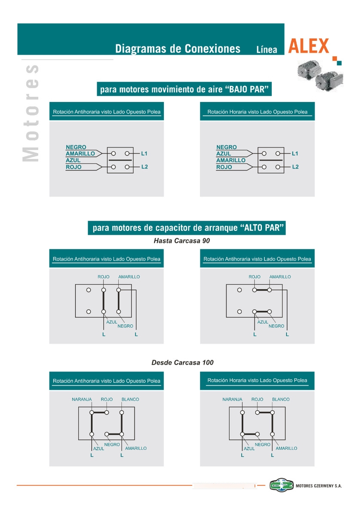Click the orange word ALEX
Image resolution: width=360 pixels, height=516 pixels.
point(308,46)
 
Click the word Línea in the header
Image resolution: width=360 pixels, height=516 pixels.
point(267,49)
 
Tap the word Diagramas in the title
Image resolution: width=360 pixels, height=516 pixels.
point(141,49)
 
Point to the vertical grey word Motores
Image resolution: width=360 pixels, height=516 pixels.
point(31,113)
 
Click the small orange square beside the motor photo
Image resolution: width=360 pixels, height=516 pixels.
point(335,58)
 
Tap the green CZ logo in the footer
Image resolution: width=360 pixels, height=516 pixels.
point(281,485)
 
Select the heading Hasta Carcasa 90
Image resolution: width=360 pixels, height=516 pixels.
point(182,241)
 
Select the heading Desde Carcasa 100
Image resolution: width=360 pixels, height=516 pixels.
point(182,362)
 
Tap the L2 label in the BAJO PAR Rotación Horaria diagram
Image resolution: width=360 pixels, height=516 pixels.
point(295,166)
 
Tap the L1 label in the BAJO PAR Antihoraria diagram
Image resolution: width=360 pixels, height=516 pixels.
point(144,153)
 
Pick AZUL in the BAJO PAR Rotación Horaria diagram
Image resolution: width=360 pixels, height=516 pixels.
point(223,154)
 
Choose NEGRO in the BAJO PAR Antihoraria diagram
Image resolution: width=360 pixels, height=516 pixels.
point(76,147)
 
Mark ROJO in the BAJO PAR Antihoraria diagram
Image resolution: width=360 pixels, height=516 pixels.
point(74,167)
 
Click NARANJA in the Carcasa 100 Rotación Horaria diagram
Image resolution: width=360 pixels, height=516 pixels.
point(232,399)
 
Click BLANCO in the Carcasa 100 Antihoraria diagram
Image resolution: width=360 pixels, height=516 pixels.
point(130,399)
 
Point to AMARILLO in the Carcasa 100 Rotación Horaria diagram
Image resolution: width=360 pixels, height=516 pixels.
point(286,448)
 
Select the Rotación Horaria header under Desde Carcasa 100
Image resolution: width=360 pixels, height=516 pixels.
point(257,380)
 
